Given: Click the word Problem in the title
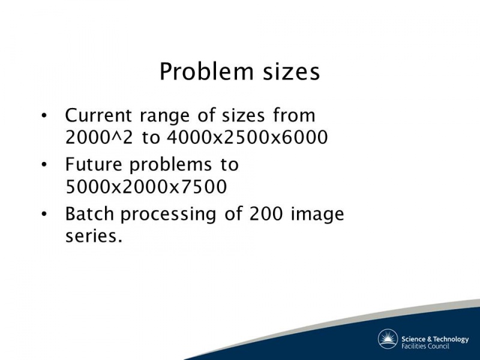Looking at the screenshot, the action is (206, 72).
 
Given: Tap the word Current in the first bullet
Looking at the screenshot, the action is (98, 115).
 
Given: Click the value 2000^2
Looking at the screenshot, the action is (99, 137).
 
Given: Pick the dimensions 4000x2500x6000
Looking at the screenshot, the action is (247, 137).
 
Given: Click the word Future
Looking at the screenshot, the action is (94, 164).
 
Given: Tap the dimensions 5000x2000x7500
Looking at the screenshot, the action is (146, 187).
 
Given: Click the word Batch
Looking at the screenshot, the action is (89, 214).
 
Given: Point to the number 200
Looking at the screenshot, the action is (266, 214).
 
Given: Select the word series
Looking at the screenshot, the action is (94, 236).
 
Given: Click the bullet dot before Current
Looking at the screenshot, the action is (44, 116).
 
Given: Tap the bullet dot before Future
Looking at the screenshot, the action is (44, 164).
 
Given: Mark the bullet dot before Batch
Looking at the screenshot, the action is (44, 214).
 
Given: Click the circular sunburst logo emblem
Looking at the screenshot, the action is (388, 339).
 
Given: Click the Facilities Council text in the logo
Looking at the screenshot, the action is (425, 346).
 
